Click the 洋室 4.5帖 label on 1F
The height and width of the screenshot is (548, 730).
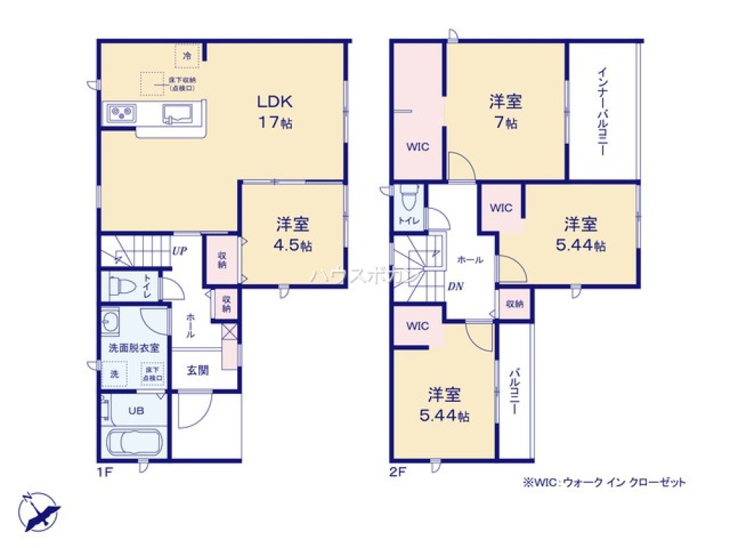pyautogui.click(x=294, y=234)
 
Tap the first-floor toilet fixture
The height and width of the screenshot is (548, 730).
pyautogui.click(x=118, y=284)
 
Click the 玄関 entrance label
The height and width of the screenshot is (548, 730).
pyautogui.click(x=198, y=370)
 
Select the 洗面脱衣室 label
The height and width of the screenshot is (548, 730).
pyautogui.click(x=134, y=348)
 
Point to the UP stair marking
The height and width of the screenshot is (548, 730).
pyautogui.click(x=179, y=251)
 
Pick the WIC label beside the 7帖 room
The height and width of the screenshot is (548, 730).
pyautogui.click(x=417, y=146)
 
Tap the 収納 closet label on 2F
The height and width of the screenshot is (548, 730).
pyautogui.click(x=515, y=302)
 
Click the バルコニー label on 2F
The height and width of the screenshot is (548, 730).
pyautogui.click(x=514, y=391)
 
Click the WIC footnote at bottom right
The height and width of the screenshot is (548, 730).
pyautogui.click(x=604, y=483)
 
